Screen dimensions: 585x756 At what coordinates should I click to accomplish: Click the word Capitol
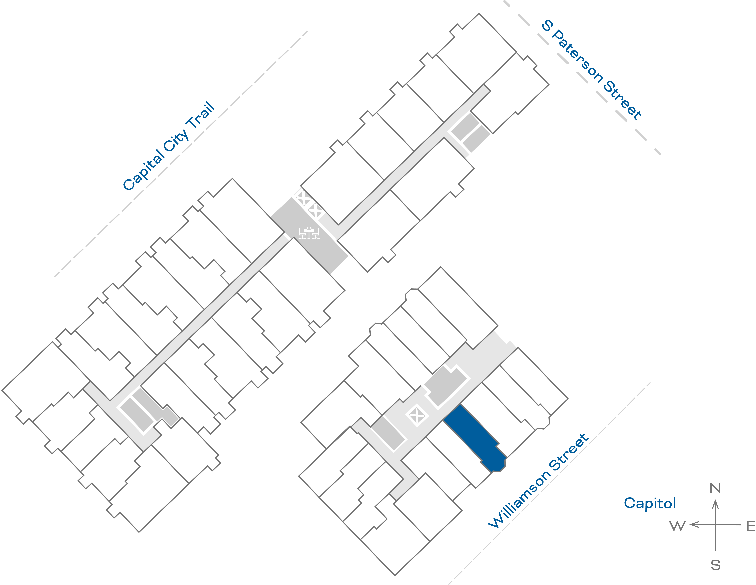(x=650, y=503)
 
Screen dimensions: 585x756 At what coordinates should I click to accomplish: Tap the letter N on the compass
(x=715, y=488)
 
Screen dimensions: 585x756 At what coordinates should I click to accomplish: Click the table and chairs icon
(x=309, y=233)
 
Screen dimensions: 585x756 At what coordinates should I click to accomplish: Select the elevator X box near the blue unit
(x=417, y=415)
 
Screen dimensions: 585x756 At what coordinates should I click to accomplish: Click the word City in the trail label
(x=177, y=140)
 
